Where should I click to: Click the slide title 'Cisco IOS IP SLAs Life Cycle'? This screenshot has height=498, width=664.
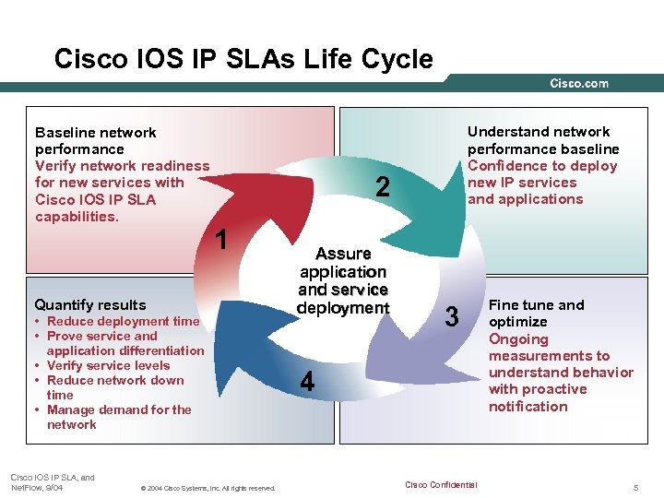[x=243, y=60]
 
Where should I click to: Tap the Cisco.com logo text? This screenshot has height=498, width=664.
[x=579, y=84]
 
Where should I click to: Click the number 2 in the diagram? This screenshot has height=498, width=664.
[x=385, y=187]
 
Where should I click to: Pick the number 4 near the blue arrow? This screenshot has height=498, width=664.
[x=307, y=381]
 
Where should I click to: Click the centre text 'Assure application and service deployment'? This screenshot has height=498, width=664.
[x=343, y=280]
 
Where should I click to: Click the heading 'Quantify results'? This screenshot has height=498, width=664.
[x=90, y=304]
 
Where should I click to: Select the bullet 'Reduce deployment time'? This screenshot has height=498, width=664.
[x=123, y=321]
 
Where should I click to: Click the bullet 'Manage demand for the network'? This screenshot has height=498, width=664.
[x=118, y=417]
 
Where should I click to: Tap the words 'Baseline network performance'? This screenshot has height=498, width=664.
[x=95, y=140]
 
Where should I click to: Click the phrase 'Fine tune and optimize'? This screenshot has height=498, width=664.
[x=536, y=313]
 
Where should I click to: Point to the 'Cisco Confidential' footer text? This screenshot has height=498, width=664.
[x=441, y=485]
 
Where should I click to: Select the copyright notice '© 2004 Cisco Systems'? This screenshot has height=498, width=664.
[x=205, y=488]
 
